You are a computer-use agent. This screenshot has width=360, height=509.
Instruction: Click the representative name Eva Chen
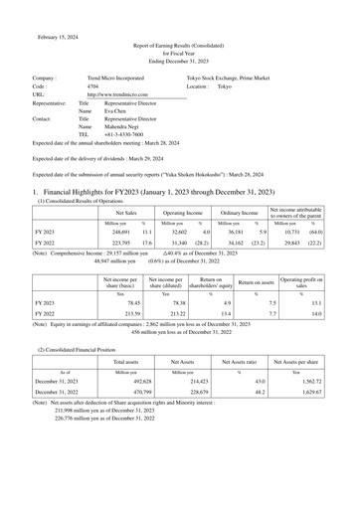(x=117, y=111)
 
